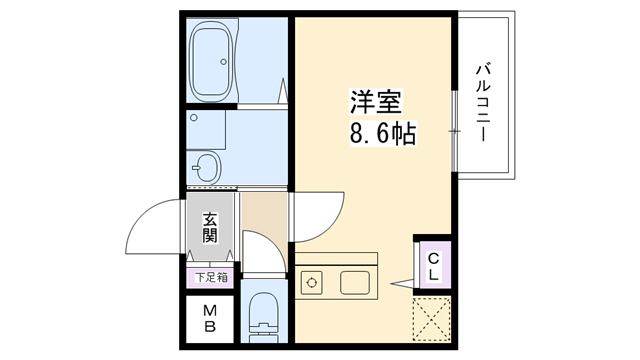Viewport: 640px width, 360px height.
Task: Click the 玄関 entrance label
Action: point(210,228)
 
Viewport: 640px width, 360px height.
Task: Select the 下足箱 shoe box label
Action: point(210,277)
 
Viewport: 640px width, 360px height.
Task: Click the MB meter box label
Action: point(210,318)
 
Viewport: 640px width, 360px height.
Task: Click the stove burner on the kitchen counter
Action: point(310,282)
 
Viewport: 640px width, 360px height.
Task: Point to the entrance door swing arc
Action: point(150,225)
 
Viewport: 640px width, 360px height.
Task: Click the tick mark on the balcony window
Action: point(455,131)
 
